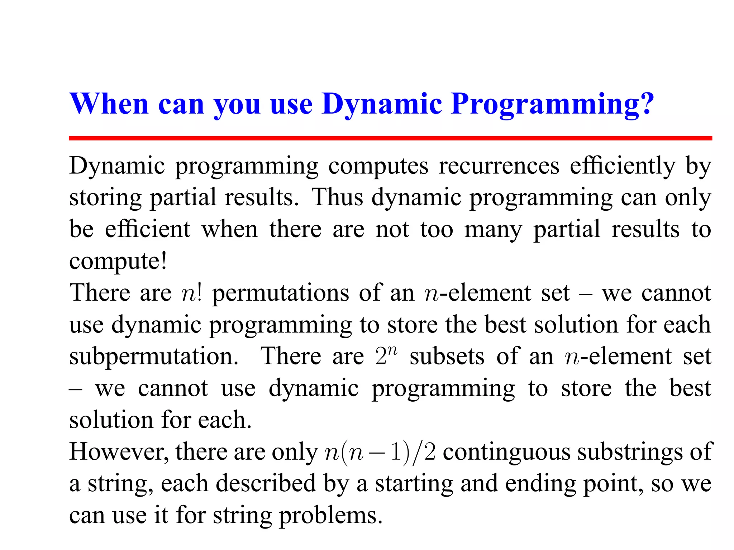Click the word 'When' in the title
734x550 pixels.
(x=109, y=104)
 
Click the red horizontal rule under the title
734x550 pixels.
(x=390, y=138)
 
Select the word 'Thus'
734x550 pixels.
(x=337, y=197)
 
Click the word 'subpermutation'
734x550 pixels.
(x=153, y=357)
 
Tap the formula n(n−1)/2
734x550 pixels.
(x=380, y=452)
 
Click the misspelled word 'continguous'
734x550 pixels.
(x=506, y=453)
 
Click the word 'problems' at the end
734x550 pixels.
(x=330, y=516)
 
